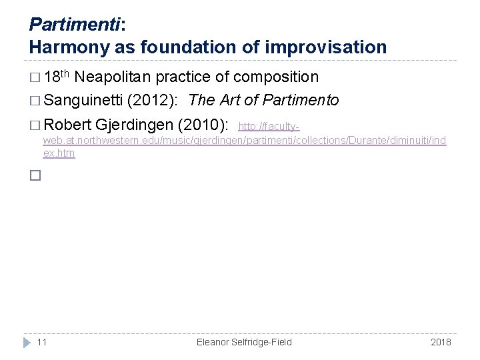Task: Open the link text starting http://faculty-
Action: point(269,126)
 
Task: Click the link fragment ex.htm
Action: point(59,153)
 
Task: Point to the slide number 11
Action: point(42,342)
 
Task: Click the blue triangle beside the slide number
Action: point(26,342)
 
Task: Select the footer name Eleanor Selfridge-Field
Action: point(244,342)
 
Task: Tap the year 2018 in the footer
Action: point(441,342)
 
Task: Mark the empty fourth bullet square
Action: point(35,176)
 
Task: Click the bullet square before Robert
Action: point(35,125)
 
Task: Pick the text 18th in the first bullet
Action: point(56,76)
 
